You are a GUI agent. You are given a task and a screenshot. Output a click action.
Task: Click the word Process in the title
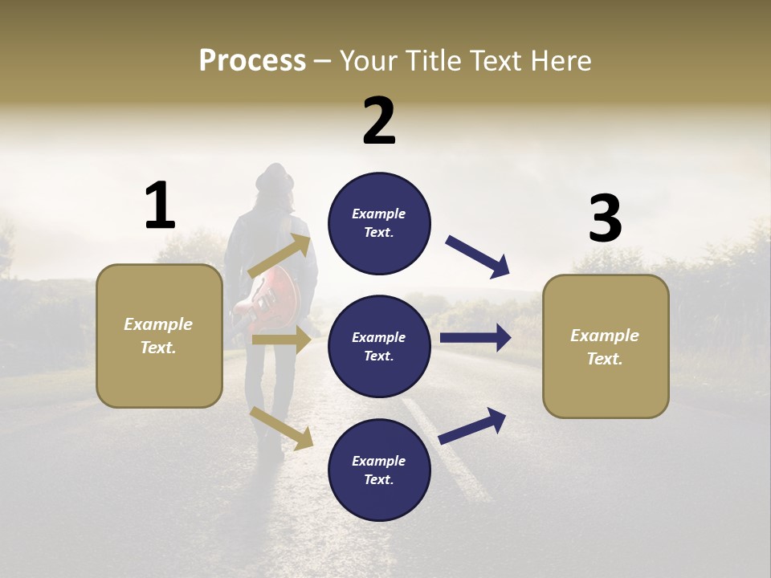pos(252,61)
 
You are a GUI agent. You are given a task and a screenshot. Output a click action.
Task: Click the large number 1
pos(160,206)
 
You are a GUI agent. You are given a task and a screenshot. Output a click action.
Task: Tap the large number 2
pos(379,121)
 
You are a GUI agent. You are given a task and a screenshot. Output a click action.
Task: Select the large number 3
pos(605,218)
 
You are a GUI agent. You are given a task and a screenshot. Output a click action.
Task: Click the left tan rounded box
pos(159,336)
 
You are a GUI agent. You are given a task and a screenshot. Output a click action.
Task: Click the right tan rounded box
pos(606,346)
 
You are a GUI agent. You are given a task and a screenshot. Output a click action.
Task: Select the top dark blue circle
pos(379,223)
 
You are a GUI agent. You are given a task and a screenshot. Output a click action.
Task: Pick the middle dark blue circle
pos(379,346)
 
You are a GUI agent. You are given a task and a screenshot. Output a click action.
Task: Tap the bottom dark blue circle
pos(379,470)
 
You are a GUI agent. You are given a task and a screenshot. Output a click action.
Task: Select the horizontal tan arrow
pos(281,340)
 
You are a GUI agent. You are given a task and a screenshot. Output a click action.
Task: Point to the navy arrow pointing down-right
pos(479,257)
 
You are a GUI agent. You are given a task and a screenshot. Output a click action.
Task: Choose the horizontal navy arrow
pos(475,338)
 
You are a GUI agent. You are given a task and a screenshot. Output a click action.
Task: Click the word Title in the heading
pos(434,61)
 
